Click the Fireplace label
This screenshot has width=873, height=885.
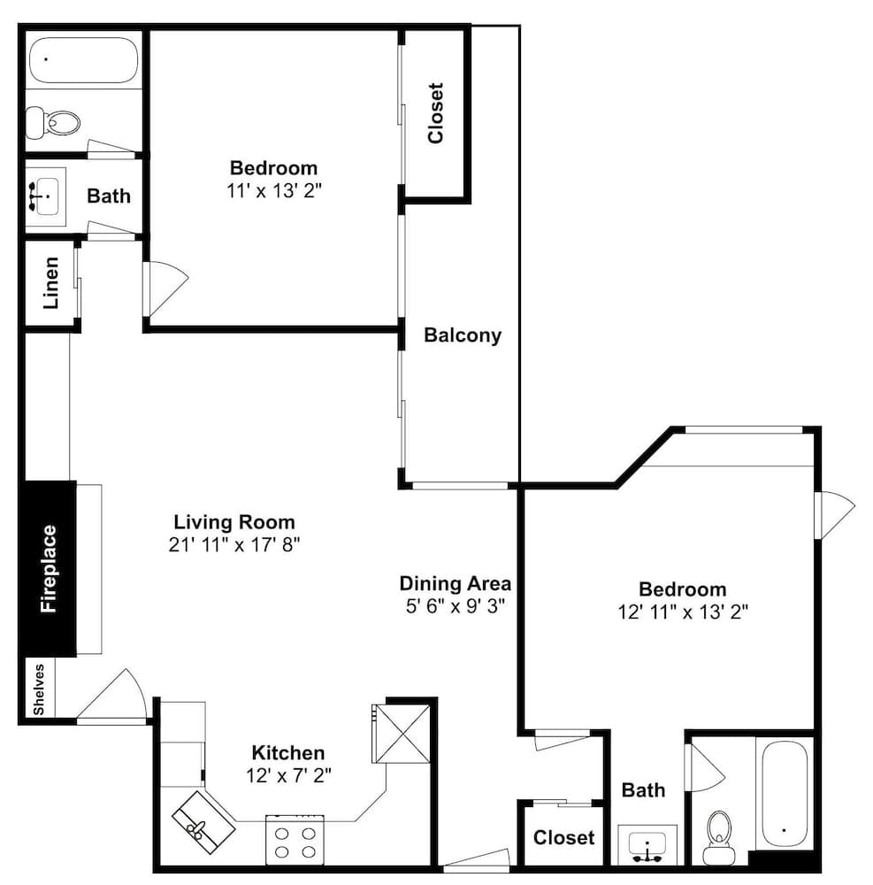tap(49, 568)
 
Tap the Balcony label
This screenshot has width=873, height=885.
tap(463, 335)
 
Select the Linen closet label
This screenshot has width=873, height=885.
tap(50, 283)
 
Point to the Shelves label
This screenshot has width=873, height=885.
tap(38, 689)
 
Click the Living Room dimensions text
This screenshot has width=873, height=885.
tap(234, 544)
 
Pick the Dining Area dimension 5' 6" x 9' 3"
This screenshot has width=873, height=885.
tap(455, 606)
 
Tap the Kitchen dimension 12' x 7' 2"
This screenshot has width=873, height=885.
tap(288, 776)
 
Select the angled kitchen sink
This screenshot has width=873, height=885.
tap(203, 822)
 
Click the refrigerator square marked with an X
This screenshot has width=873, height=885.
tap(403, 733)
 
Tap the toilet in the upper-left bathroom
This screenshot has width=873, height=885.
tap(53, 122)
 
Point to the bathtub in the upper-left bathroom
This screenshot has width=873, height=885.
tap(83, 60)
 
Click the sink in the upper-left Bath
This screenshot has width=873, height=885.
tap(45, 196)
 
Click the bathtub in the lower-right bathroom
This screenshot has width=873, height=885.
tap(785, 794)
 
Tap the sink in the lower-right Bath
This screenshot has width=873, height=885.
tap(647, 845)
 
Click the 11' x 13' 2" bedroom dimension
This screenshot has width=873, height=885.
tap(274, 191)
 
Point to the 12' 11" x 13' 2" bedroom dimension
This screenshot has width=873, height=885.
tap(683, 612)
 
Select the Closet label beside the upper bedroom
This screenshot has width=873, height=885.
tap(436, 113)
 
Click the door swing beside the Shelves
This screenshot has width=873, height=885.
tap(111, 696)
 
